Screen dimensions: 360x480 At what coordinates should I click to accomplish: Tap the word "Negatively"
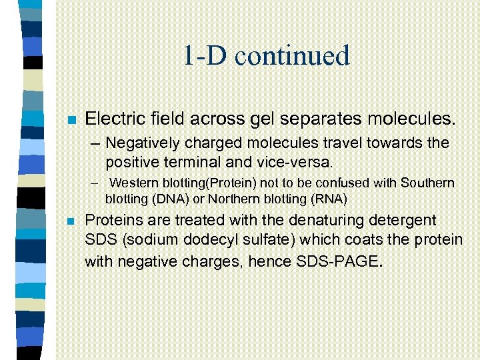tap(140, 143)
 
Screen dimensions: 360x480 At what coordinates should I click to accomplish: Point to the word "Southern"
tap(427, 183)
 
